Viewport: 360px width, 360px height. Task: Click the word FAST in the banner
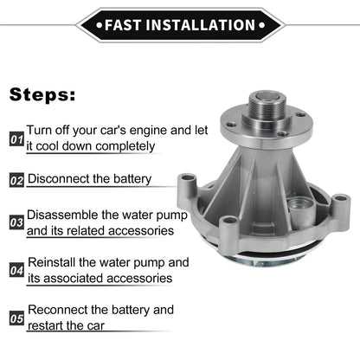pos(123,25)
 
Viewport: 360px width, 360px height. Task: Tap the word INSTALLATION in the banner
pos(201,25)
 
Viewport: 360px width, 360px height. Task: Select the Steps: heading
pos(42,95)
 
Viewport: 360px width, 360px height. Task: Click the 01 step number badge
pos(16,139)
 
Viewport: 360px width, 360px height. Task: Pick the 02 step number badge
pos(16,180)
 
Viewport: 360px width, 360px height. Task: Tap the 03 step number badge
pos(16,222)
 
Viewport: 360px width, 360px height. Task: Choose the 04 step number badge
pos(16,270)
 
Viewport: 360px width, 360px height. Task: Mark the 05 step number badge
pos(16,318)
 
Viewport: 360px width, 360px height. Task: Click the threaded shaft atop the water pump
pos(267,107)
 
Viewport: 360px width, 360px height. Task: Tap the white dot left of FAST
pos(100,25)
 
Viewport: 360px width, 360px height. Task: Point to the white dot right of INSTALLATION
pos(261,25)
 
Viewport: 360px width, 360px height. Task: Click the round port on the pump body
pos(299,206)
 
